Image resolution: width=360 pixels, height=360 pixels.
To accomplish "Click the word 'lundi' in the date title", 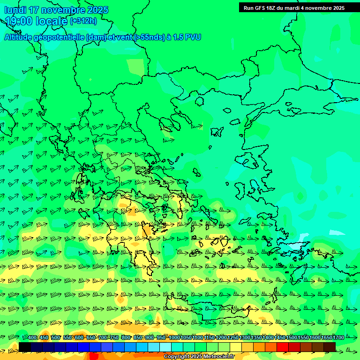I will pyautogui.click(x=15, y=10).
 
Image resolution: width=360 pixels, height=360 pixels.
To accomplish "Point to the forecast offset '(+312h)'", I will pyautogui.click(x=83, y=21).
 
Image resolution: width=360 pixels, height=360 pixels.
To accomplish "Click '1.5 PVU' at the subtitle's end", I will pyautogui.click(x=187, y=37).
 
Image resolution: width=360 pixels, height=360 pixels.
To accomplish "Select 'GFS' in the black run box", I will pyautogui.click(x=260, y=8).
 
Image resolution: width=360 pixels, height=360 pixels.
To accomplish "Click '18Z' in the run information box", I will pyautogui.click(x=272, y=8).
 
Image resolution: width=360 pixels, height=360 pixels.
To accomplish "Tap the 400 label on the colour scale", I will pyautogui.click(x=32, y=338).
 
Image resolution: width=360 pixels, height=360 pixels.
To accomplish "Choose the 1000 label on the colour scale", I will pyautogui.click(x=174, y=338).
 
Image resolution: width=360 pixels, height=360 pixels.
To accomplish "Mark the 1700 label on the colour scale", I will pyautogui.click(x=338, y=338).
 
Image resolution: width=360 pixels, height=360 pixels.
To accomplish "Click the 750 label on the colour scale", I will pyautogui.click(x=114, y=338).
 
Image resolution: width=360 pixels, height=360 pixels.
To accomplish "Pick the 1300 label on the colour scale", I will pyautogui.click(x=245, y=338).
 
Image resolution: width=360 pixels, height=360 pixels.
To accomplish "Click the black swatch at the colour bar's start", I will pyautogui.click(x=25, y=347).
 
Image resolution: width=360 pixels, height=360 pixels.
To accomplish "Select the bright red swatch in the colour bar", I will pyautogui.click(x=283, y=347).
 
